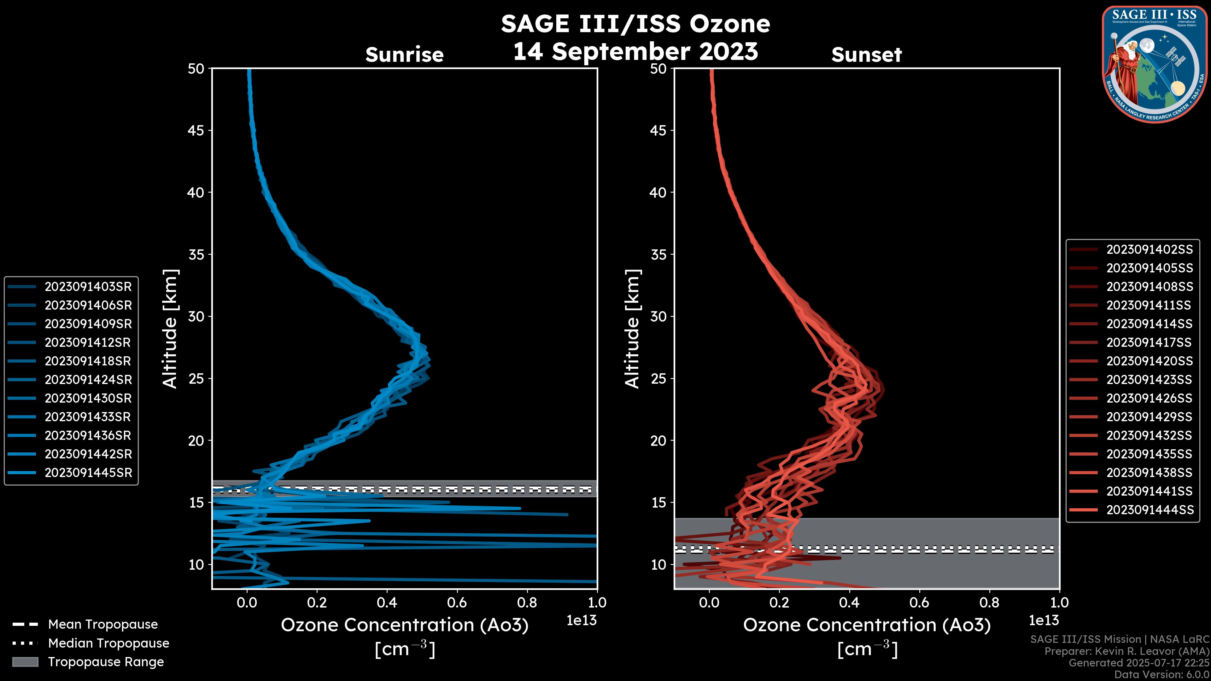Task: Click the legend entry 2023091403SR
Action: (x=88, y=287)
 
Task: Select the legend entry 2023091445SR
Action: (x=88, y=473)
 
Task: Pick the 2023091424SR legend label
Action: (x=88, y=380)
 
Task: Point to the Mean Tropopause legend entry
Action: (x=102, y=625)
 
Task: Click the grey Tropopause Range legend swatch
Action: (x=25, y=662)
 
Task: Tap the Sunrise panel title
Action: (x=404, y=55)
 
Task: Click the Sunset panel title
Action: (x=866, y=55)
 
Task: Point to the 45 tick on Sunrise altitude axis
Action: (x=196, y=131)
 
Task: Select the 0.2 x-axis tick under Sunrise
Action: (x=317, y=602)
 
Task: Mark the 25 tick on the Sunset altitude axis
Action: (x=658, y=379)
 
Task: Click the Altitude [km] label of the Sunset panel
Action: (x=633, y=329)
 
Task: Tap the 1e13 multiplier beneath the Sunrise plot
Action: (x=582, y=621)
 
